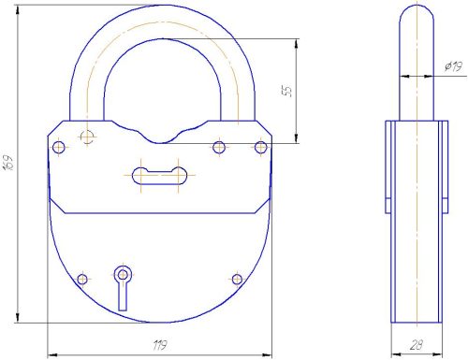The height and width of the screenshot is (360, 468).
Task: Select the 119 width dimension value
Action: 160,345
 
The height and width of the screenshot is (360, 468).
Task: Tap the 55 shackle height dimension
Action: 288,91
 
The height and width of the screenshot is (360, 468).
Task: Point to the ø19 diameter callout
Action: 454,66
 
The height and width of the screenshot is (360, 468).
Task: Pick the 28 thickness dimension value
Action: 417,345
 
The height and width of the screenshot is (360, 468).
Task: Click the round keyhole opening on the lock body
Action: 123,275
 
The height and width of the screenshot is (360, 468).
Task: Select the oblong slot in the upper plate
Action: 159,176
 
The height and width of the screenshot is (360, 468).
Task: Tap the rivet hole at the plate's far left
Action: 59,147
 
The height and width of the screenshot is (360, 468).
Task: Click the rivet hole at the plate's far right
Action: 261,147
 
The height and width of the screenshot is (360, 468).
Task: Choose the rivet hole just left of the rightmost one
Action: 219,147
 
